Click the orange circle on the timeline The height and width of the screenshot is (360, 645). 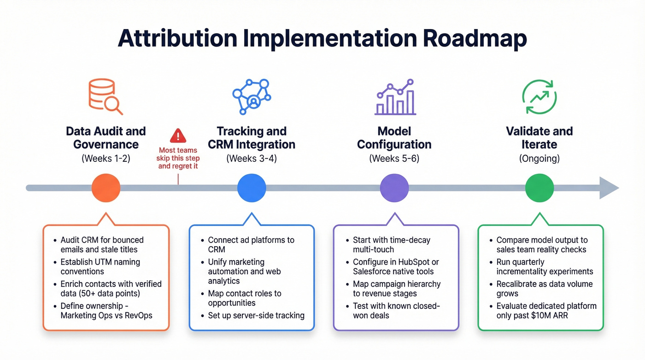(x=106, y=188)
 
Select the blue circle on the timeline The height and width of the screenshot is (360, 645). (x=252, y=188)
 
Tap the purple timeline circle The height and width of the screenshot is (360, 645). (x=394, y=188)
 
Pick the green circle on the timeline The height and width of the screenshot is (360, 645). (x=539, y=188)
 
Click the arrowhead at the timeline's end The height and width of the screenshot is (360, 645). (x=609, y=188)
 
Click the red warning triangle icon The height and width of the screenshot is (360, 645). (x=178, y=136)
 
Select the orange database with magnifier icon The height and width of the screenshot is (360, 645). (x=106, y=96)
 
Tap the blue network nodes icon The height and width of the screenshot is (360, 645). (x=252, y=96)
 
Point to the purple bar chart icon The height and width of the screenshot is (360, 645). (x=395, y=97)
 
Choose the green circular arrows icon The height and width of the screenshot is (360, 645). (x=539, y=96)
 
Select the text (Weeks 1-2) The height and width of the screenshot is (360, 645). (x=106, y=159)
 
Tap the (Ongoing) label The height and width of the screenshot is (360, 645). (x=539, y=159)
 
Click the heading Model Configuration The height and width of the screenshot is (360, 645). (x=394, y=137)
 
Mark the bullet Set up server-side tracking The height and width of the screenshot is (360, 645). (x=256, y=315)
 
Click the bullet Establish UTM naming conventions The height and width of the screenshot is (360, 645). (x=100, y=266)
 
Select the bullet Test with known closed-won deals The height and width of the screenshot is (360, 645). (x=396, y=310)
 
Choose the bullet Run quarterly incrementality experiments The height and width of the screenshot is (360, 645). (x=545, y=266)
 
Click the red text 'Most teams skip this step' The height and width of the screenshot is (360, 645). (x=178, y=154)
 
